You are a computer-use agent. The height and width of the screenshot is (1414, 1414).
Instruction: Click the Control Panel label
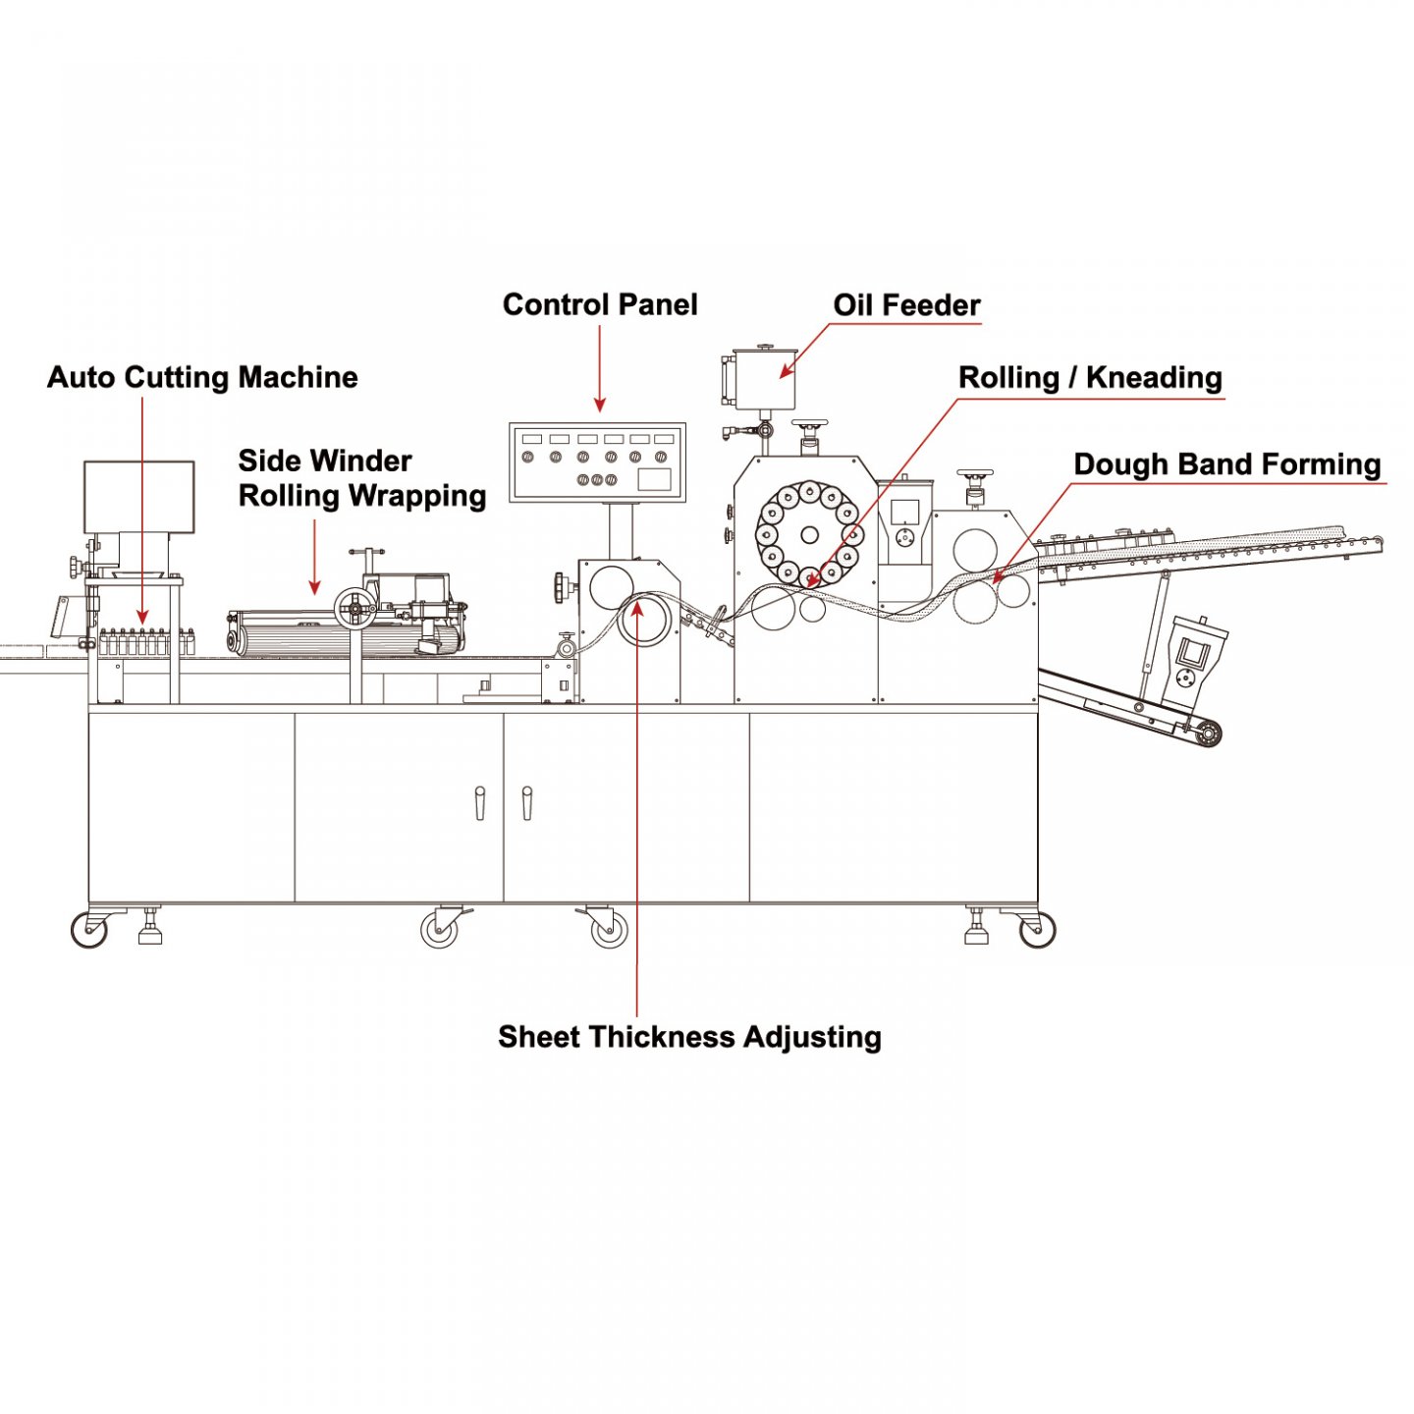click(x=600, y=304)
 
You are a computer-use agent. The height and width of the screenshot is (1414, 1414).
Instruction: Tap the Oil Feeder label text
click(x=906, y=305)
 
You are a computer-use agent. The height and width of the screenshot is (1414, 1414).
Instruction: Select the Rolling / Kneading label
click(x=1090, y=378)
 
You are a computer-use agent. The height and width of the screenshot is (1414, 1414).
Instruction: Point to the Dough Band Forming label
click(x=1226, y=464)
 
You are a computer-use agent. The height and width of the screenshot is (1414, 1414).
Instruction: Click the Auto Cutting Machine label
click(x=202, y=378)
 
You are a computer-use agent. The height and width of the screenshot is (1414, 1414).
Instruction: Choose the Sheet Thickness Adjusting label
click(x=689, y=1037)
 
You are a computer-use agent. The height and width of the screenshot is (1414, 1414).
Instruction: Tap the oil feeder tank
click(x=764, y=379)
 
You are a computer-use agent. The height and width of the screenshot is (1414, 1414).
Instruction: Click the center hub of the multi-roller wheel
click(x=809, y=535)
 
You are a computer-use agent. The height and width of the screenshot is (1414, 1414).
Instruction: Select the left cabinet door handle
click(x=480, y=802)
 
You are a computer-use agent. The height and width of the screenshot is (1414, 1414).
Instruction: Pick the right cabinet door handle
click(x=527, y=802)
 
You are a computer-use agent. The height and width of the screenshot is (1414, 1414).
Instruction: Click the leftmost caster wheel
click(x=90, y=929)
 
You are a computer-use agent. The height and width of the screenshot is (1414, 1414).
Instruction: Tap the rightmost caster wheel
click(x=1037, y=929)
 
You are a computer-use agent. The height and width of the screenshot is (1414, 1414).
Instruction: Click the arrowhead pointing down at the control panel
click(x=600, y=405)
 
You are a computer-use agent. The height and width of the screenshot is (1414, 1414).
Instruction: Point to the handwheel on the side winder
click(x=353, y=609)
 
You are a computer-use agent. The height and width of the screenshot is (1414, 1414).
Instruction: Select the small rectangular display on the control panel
click(x=654, y=479)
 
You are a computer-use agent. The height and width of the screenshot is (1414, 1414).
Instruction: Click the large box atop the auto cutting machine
click(x=138, y=496)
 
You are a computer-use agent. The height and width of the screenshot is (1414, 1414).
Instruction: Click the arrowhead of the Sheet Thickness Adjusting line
click(x=637, y=609)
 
